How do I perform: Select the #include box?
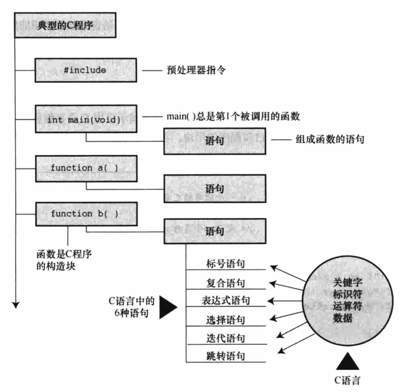pyautogui.click(x=84, y=70)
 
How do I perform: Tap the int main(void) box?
pyautogui.click(x=84, y=119)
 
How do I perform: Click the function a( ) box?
pyautogui.click(x=84, y=167)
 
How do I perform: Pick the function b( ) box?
pyautogui.click(x=84, y=214)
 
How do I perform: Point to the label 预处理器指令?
pyautogui.click(x=197, y=70)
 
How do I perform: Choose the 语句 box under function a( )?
pyautogui.click(x=214, y=186)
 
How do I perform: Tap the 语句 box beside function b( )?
pyautogui.click(x=214, y=232)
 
